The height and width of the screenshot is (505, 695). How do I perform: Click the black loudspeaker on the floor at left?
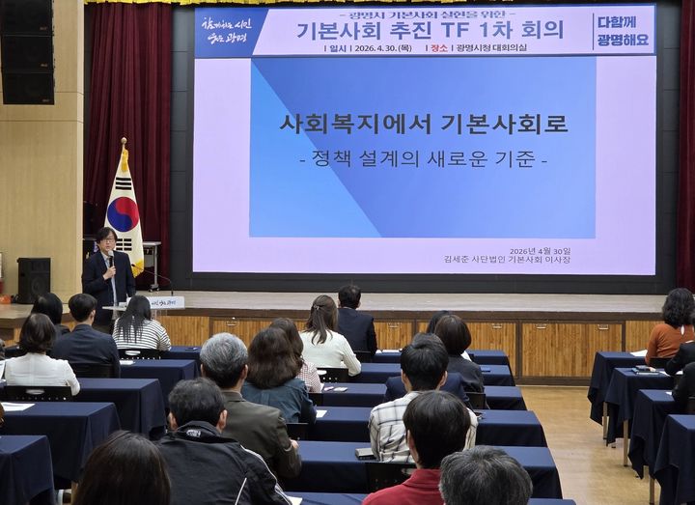click(34, 279)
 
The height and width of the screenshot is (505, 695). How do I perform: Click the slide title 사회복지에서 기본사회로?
click(424, 124)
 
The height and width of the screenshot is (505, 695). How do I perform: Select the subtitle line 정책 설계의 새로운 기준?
click(424, 158)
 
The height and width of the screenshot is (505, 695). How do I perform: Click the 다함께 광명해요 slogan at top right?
click(623, 31)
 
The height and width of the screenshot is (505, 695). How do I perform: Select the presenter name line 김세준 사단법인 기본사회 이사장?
click(507, 260)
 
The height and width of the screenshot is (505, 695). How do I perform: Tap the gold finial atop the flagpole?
click(124, 143)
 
